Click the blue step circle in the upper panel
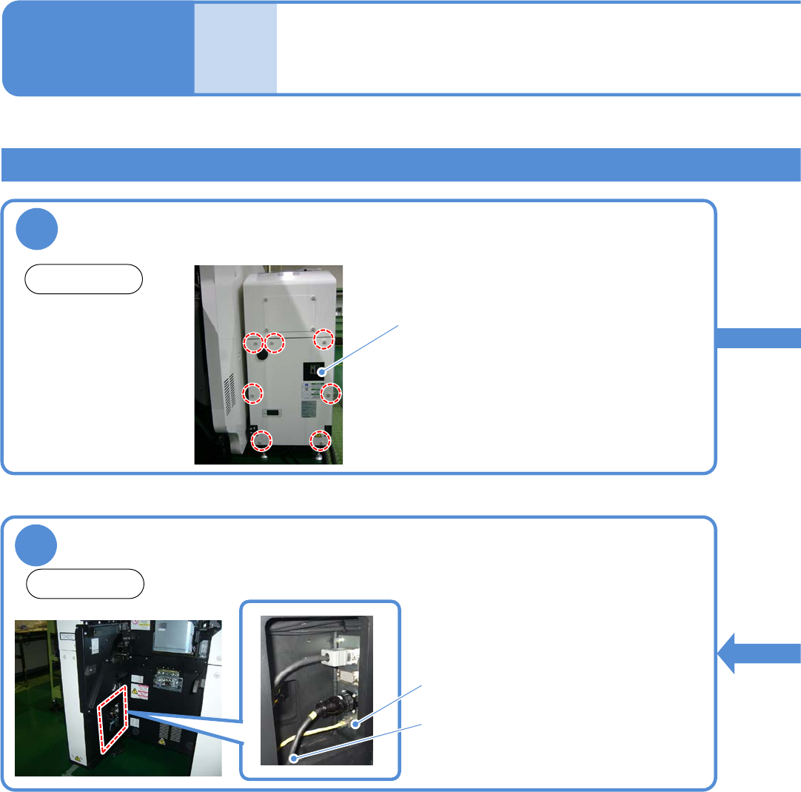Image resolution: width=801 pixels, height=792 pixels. click(37, 230)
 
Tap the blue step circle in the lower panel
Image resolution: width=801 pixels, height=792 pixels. click(37, 546)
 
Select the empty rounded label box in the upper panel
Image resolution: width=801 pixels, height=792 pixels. click(84, 279)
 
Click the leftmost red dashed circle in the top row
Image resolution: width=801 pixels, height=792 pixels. click(253, 343)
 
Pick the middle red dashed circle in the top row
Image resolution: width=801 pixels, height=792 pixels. click(275, 343)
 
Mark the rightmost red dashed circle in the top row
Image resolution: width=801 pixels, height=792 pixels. click(323, 340)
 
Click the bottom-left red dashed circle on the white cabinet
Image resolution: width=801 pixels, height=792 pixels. click(261, 441)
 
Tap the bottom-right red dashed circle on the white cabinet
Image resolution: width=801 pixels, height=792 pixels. click(320, 440)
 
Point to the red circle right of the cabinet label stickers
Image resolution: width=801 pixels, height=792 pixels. click(332, 393)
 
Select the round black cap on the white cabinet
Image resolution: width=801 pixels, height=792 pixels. click(261, 356)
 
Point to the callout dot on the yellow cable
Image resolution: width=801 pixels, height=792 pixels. click(355, 724)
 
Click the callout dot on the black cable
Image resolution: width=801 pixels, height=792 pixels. click(295, 758)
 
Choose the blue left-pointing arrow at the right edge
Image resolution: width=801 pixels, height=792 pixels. click(759, 653)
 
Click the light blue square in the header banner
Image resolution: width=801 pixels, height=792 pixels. click(236, 48)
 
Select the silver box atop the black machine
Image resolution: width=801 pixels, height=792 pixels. click(175, 634)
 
